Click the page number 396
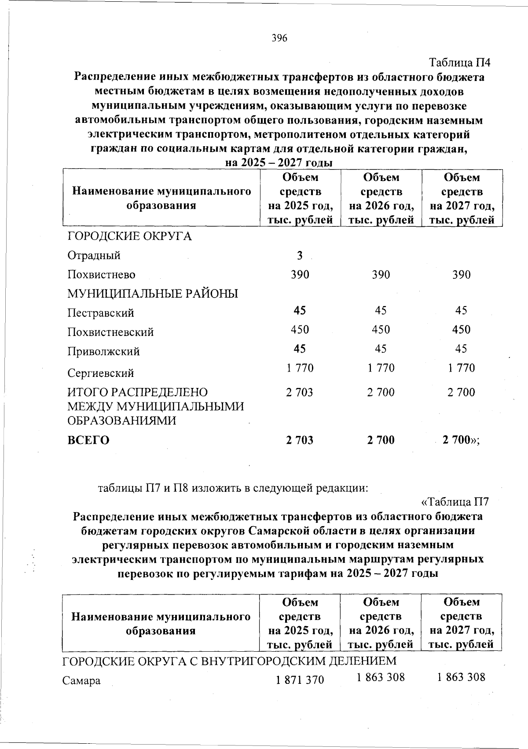click(x=279, y=38)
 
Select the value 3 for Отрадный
click(x=300, y=255)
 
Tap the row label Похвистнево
click(x=102, y=275)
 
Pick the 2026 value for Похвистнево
click(x=381, y=275)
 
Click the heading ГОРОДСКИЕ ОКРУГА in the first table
click(x=129, y=236)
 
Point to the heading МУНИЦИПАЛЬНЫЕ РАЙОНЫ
click(x=153, y=294)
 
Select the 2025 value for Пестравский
click(x=300, y=310)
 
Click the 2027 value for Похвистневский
click(x=461, y=329)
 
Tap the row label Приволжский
click(x=104, y=351)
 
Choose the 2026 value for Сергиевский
click(x=381, y=368)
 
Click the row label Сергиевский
click(x=100, y=373)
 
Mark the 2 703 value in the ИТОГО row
click(x=300, y=392)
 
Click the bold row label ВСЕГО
click(x=88, y=440)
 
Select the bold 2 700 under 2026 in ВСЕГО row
click(x=381, y=440)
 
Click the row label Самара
click(x=81, y=681)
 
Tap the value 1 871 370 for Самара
click(x=300, y=680)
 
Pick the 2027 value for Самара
click(x=461, y=677)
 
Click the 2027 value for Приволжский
click(x=461, y=349)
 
